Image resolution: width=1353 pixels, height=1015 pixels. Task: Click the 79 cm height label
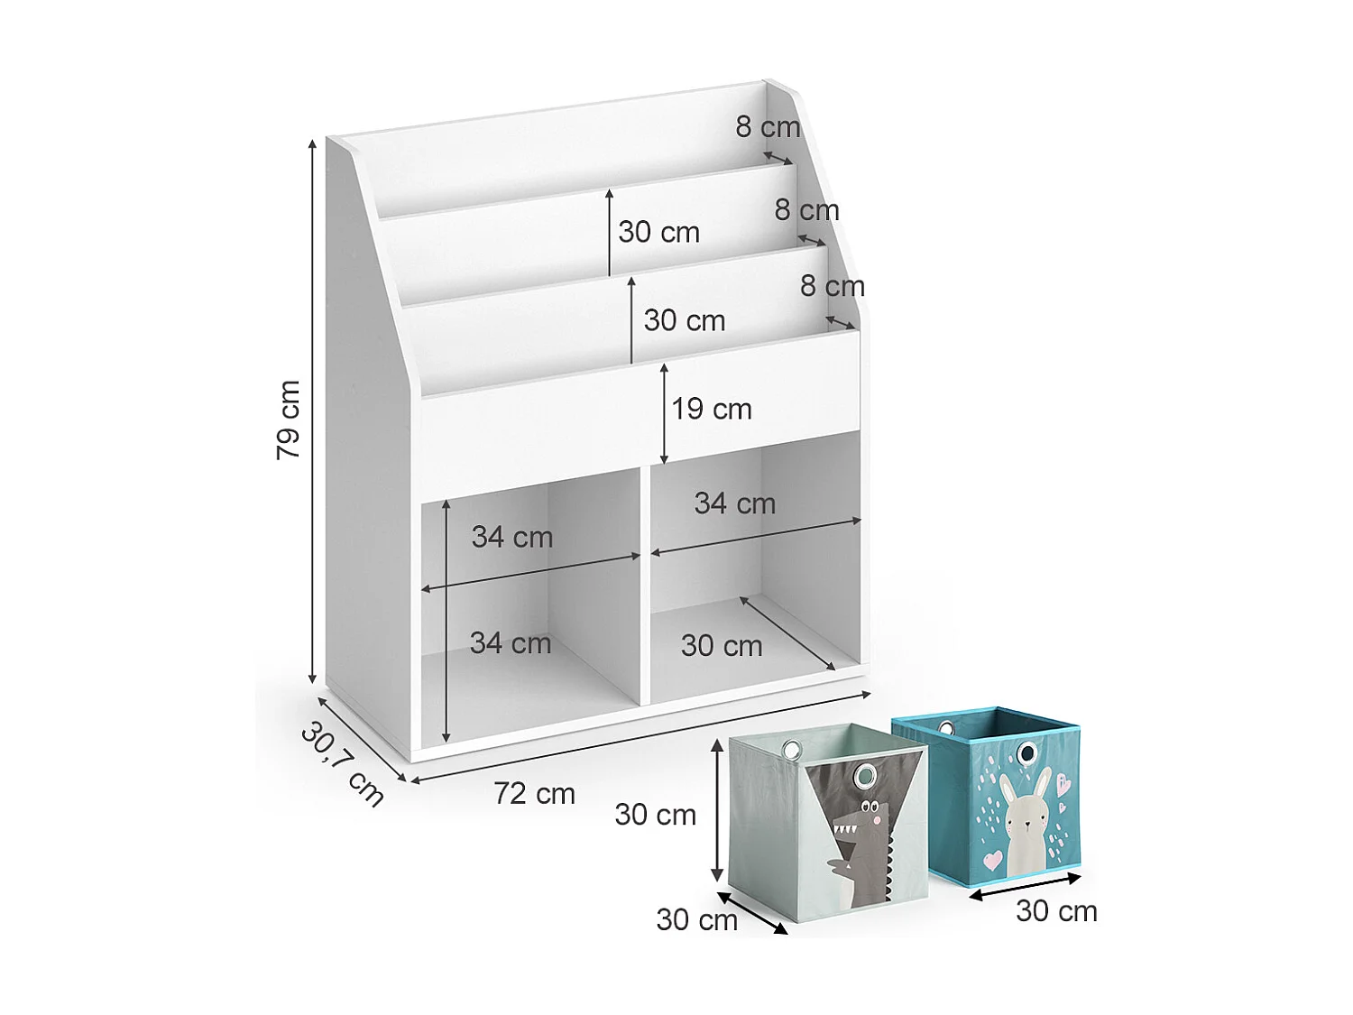point(288,420)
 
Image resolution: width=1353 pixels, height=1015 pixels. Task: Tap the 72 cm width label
point(534,794)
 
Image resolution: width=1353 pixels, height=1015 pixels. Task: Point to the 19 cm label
point(712,410)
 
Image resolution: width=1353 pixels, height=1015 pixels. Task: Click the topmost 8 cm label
point(768,127)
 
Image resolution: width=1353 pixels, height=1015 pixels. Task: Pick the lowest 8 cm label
point(832,287)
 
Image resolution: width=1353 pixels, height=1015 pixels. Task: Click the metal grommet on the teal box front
point(1026,753)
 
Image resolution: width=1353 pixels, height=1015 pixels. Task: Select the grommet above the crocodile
point(866,775)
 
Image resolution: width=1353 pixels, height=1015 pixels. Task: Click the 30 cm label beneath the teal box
point(1056,911)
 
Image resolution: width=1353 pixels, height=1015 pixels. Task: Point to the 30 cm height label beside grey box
point(656,815)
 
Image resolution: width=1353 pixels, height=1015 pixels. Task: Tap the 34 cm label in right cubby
point(735,503)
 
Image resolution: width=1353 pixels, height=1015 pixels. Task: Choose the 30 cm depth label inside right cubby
point(722,646)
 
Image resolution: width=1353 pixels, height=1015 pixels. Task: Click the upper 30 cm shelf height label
point(659,233)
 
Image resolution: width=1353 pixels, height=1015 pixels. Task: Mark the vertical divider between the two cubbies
point(645,586)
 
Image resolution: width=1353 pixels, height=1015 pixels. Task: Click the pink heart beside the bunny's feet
point(992,859)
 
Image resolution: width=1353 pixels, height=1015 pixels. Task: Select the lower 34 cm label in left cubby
point(511,643)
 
